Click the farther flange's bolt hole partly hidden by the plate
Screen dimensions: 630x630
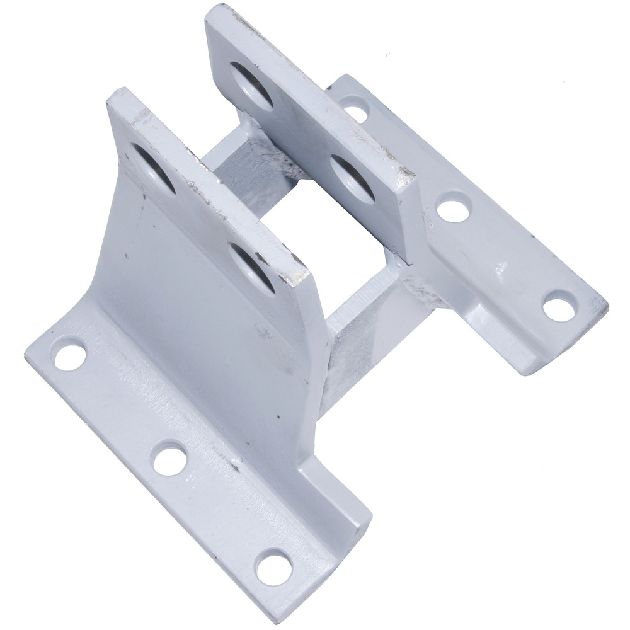point(356,108)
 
